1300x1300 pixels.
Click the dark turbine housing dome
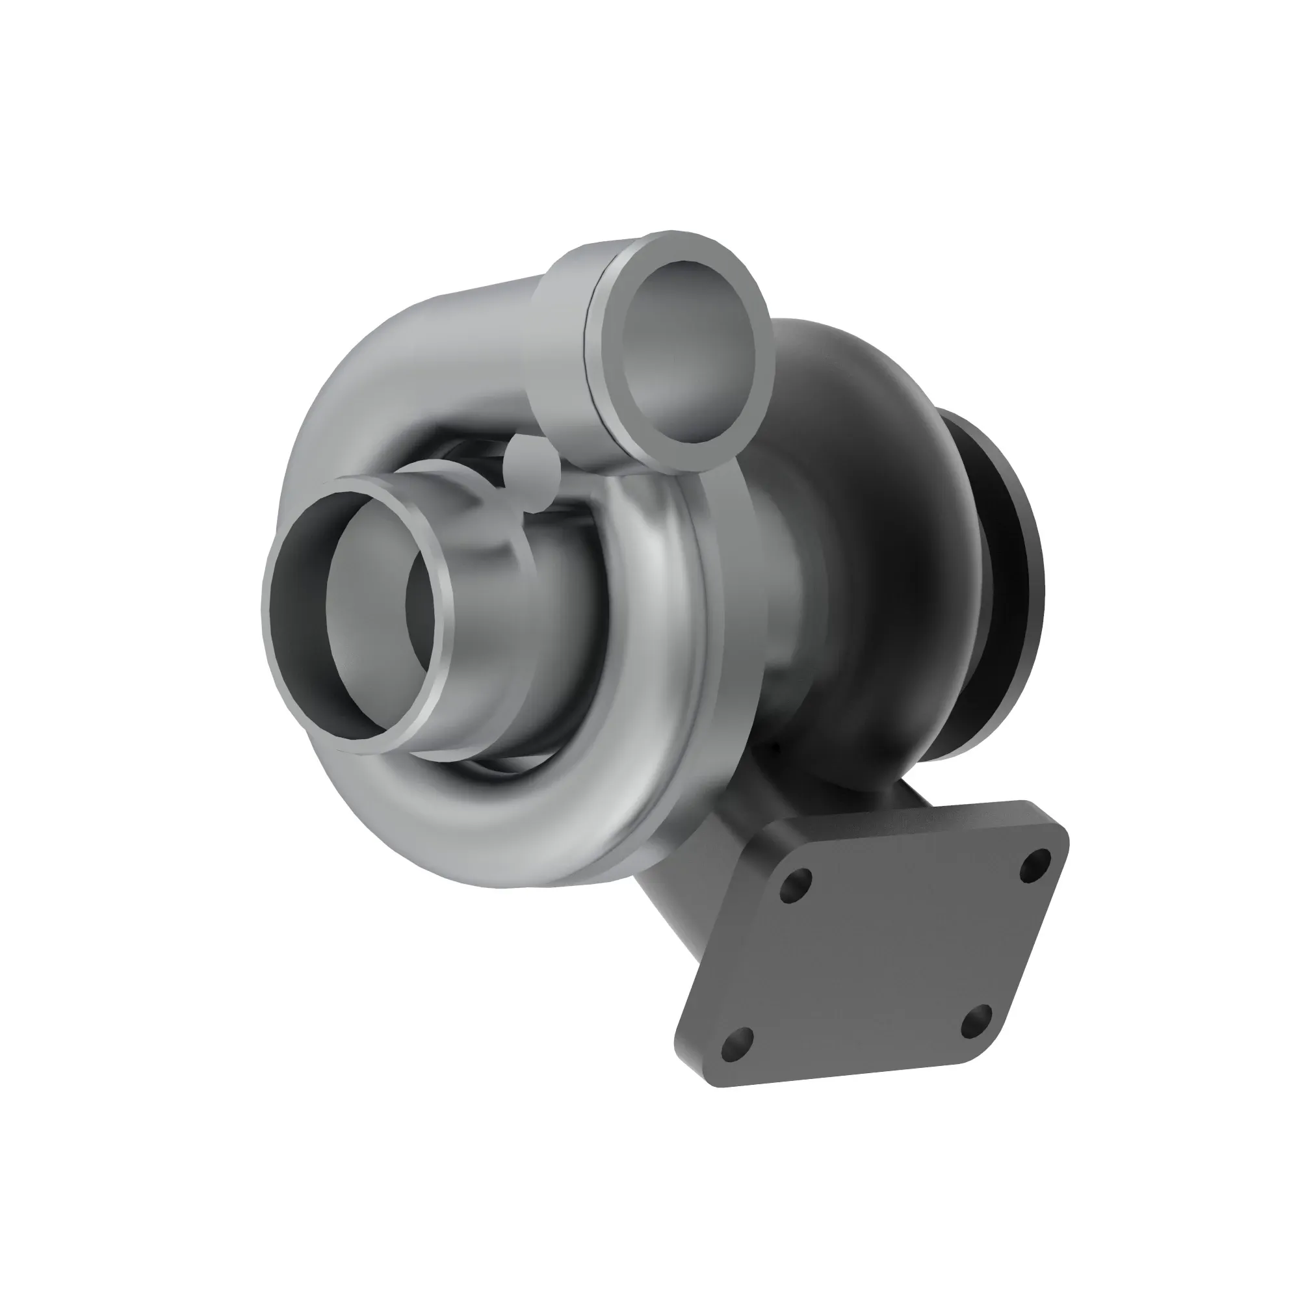point(875,471)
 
